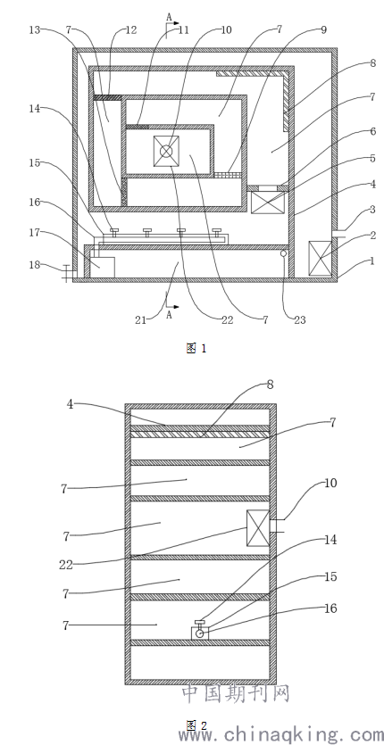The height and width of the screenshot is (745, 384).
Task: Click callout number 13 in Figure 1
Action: coord(35,30)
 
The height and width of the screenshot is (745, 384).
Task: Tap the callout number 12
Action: coord(131,30)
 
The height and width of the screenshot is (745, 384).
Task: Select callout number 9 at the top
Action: coord(323,30)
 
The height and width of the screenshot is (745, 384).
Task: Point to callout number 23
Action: coord(300,320)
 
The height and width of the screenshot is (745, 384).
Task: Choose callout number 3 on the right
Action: coord(372,210)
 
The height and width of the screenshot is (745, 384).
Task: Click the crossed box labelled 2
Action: coord(320,258)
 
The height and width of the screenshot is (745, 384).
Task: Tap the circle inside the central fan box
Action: coord(166,151)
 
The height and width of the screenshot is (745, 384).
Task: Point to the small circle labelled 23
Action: coord(283,253)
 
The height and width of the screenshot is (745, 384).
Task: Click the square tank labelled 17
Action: coord(104,267)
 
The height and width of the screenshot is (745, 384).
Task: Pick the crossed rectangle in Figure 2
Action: coord(258,528)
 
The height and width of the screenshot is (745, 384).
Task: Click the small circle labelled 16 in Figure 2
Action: coord(200,633)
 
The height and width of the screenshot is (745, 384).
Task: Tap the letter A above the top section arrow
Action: coord(169,17)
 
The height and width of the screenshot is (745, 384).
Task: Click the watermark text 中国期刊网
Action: coord(236,693)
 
